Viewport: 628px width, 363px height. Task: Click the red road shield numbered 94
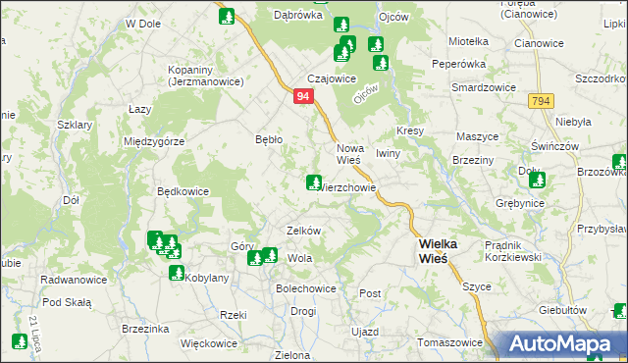303,97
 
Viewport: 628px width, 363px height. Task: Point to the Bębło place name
268,139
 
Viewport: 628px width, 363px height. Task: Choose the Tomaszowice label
450,343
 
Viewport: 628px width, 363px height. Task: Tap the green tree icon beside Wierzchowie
314,182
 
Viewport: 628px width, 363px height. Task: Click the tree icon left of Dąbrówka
228,16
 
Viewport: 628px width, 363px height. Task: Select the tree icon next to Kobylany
177,273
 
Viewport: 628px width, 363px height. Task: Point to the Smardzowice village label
484,87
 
